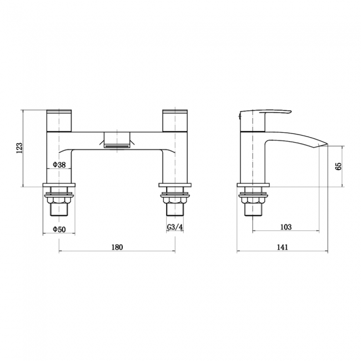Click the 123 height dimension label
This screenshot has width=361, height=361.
[x=19, y=147]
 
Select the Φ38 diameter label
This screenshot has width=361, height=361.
[x=59, y=165]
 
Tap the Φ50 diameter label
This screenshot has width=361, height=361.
[x=59, y=229]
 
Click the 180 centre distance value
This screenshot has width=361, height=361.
[x=117, y=247]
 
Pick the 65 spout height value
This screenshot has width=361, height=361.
[x=338, y=166]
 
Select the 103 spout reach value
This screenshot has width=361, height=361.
[x=285, y=227]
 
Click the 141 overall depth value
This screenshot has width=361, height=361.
[x=282, y=247]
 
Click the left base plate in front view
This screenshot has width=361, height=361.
[x=59, y=186]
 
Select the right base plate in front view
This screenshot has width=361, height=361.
[x=175, y=186]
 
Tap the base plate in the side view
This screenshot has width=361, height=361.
[x=253, y=186]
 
